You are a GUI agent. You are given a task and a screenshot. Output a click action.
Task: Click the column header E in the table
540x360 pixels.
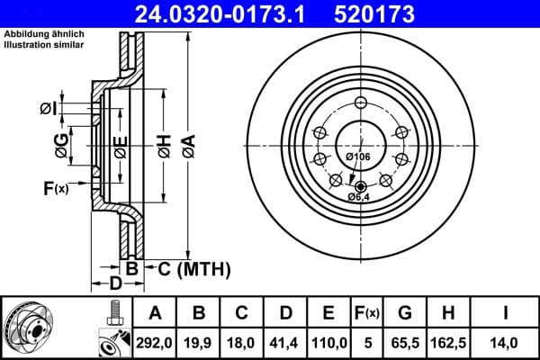click(x=328, y=313)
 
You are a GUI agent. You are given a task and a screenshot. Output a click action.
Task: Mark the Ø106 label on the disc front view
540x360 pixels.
click(x=358, y=158)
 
